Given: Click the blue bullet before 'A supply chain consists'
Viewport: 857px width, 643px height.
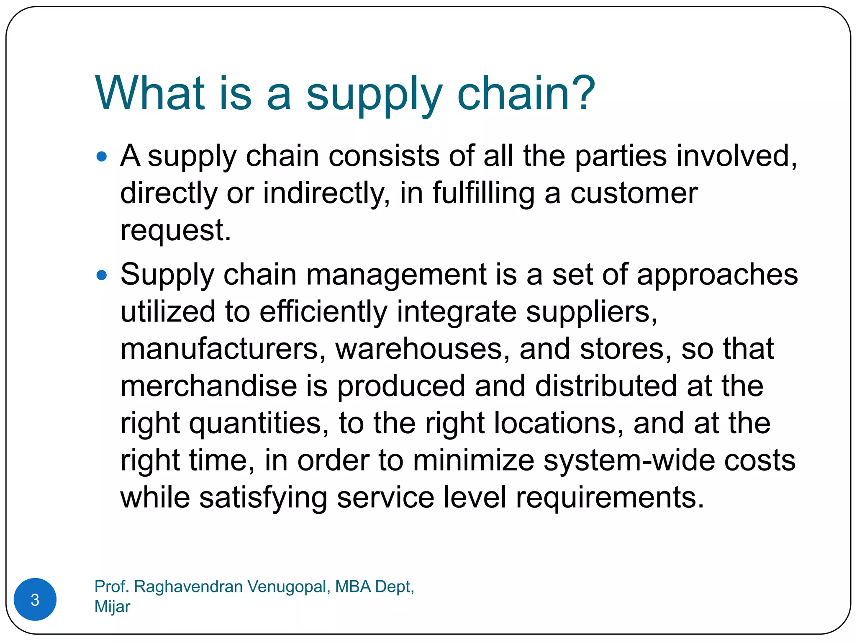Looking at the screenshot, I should click(102, 157).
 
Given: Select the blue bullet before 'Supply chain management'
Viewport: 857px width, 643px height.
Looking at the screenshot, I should click(102, 275).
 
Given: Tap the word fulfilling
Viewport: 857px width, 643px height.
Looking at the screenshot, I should click(483, 193).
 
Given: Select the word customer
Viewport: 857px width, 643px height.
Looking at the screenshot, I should click(634, 193).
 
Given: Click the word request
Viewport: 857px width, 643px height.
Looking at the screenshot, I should click(175, 231).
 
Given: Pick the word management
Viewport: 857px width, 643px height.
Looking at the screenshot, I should click(396, 275).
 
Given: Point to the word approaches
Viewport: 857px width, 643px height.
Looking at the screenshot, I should click(717, 275).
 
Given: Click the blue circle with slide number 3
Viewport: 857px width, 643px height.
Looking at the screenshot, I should click(35, 599).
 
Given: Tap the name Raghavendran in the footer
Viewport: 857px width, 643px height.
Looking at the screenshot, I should click(188, 586).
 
